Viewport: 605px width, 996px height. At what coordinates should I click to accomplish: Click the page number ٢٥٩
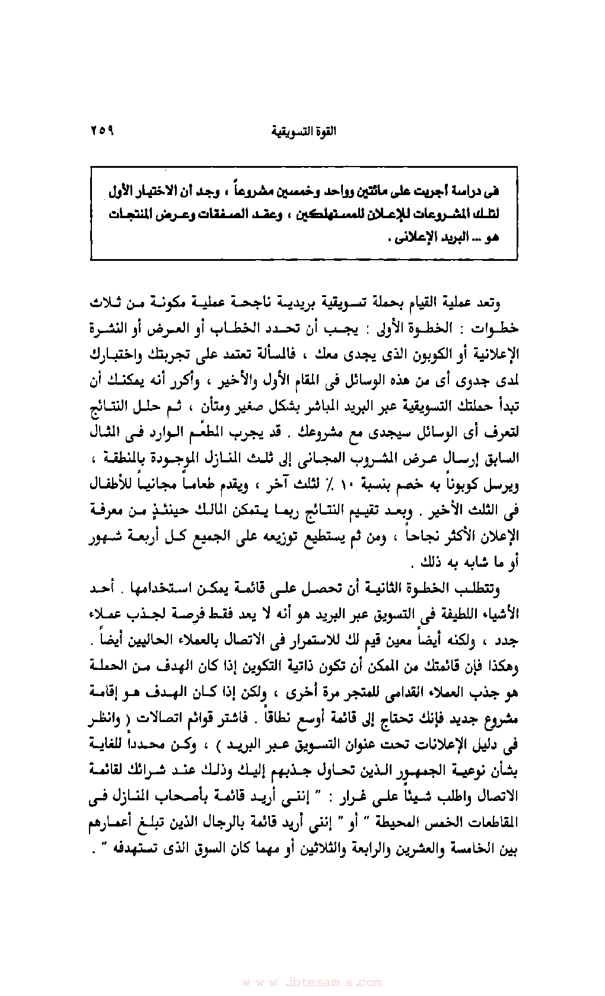point(102,130)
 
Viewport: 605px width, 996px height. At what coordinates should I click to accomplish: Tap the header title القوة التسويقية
point(303,132)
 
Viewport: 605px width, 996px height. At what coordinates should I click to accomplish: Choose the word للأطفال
point(113,484)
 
